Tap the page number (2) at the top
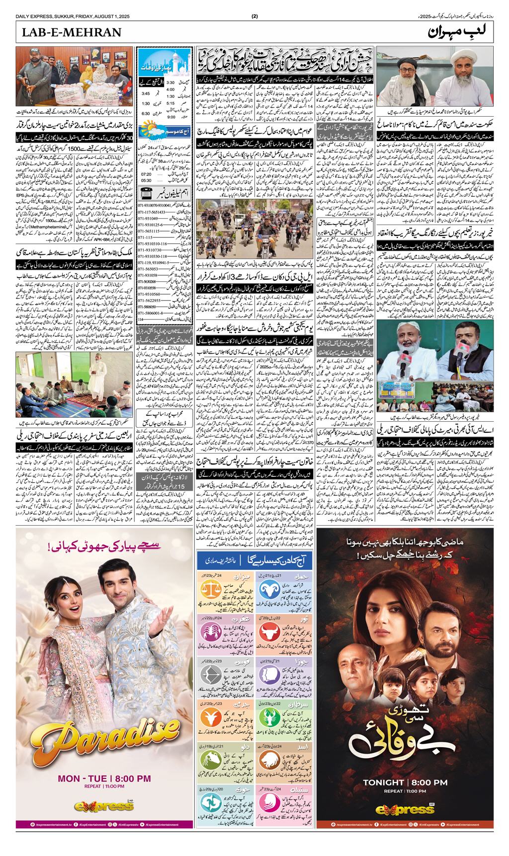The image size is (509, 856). point(254,16)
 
